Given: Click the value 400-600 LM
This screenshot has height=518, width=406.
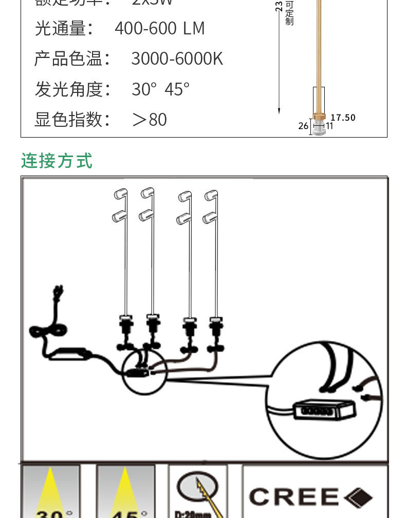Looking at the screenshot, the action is (x=159, y=28).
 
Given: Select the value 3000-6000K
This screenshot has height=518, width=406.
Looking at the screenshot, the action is (x=177, y=59).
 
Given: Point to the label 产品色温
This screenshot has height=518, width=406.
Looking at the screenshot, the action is (x=72, y=59).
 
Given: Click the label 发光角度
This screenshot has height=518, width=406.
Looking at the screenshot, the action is (x=72, y=89).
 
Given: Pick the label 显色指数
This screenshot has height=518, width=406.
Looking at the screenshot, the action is (x=72, y=119).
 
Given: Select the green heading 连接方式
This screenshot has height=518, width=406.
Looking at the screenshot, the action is (x=57, y=161).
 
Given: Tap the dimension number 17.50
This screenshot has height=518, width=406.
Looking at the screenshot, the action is (x=343, y=118).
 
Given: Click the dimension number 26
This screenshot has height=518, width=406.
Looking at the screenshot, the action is (x=303, y=126).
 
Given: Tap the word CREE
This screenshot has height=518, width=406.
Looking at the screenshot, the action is (x=293, y=497).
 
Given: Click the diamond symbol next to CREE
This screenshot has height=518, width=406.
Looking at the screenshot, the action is (x=358, y=497).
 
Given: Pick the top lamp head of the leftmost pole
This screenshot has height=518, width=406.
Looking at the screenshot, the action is (x=120, y=194).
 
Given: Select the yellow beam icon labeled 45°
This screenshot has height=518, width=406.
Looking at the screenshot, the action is (x=125, y=490).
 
